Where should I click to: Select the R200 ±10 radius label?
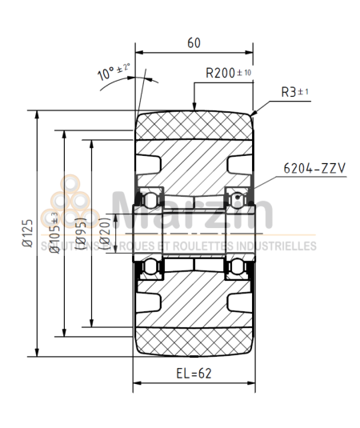point(228,73)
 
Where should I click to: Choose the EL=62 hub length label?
point(194,374)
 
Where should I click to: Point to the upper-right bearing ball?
point(237,198)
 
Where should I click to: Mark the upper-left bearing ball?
point(149,198)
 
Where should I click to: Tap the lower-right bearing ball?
point(237,266)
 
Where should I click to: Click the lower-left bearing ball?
point(149,266)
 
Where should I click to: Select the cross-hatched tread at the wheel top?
point(194,126)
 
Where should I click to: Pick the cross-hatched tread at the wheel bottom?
point(194,339)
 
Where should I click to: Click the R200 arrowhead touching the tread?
point(194,108)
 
